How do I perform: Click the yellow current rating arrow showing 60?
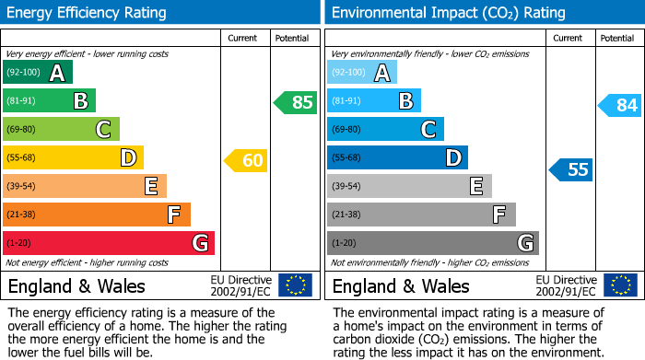[245, 161]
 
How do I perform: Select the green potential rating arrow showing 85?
[295, 102]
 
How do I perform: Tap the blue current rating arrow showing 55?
[570, 169]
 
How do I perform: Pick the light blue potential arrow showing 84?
[619, 106]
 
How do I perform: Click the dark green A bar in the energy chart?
[38, 73]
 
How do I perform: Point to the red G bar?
[109, 243]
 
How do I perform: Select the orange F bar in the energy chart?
[97, 215]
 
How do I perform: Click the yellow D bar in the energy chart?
[73, 158]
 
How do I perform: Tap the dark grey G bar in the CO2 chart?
[432, 243]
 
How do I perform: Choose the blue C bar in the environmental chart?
[385, 129]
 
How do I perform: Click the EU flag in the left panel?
[295, 285]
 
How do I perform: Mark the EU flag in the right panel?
[619, 285]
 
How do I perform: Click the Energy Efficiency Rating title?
[88, 13]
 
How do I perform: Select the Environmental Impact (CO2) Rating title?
[448, 13]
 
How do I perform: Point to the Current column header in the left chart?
[243, 38]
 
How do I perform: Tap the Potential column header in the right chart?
[616, 38]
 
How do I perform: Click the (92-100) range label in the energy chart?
[23, 73]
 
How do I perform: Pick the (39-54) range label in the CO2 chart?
[349, 187]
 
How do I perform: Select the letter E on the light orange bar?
[150, 187]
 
